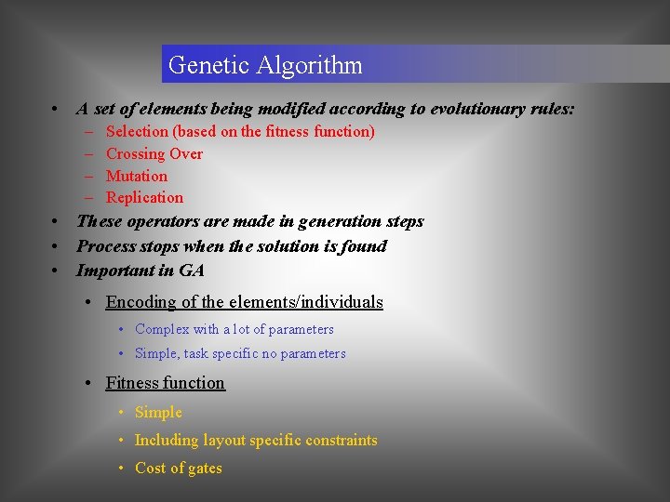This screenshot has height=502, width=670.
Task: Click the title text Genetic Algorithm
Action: (265, 66)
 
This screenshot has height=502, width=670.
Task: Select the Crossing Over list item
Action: (154, 153)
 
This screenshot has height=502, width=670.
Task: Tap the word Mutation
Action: (137, 176)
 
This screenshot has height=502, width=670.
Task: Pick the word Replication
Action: (145, 197)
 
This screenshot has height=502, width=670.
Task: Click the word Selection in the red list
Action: (138, 131)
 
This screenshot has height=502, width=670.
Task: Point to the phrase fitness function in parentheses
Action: (317, 131)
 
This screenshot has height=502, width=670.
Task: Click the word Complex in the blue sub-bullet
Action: (162, 329)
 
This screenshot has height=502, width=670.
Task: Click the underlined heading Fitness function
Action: (166, 383)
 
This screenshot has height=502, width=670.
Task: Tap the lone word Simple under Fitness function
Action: (159, 412)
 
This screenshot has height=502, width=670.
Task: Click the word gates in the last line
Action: (204, 468)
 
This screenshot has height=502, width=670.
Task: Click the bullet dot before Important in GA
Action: (58, 271)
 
